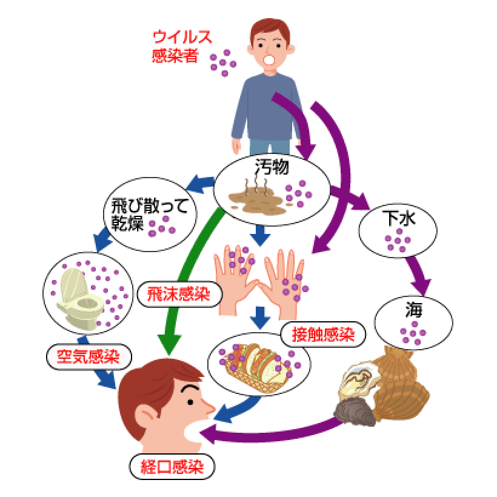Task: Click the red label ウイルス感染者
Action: point(182,46)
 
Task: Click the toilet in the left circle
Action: point(75,295)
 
